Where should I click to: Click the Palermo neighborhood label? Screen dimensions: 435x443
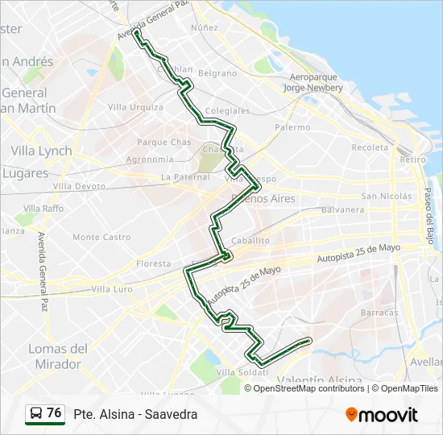coord(292,127)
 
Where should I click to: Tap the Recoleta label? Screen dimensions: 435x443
coord(370,147)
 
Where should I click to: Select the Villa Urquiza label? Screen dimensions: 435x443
coord(135,106)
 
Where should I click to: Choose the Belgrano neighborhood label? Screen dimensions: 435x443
coord(217,73)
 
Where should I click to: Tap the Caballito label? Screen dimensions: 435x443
coord(250,241)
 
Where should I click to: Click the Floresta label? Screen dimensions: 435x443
coord(153,263)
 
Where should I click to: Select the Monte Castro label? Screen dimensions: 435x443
coord(101,237)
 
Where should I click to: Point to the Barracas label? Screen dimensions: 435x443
coord(379,312)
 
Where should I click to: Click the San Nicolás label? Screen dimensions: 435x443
coord(387,196)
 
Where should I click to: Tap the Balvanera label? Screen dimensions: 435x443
coord(343,209)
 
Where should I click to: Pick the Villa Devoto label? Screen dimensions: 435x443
coord(80,186)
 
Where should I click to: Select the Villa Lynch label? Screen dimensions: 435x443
coord(41,151)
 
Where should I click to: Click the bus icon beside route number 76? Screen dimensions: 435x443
coord(36,414)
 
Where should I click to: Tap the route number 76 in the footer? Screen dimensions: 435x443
coord(54,413)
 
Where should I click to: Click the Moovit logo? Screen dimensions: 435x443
coord(382,414)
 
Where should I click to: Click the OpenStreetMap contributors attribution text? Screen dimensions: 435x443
coord(309,388)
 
